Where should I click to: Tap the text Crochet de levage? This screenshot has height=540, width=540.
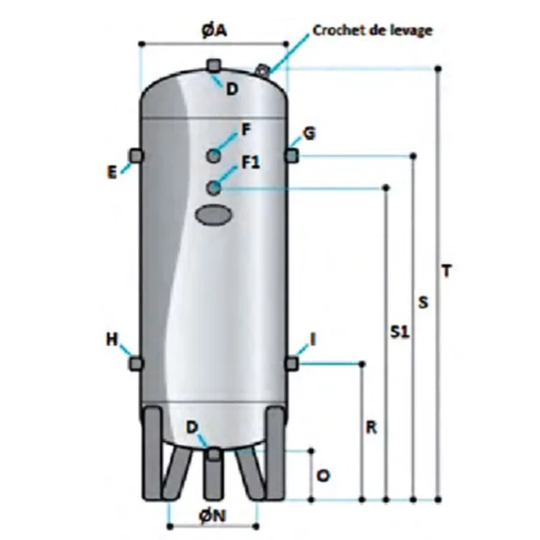(373, 30)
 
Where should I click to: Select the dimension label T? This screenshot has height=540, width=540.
(447, 270)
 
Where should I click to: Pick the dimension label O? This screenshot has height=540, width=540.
(324, 474)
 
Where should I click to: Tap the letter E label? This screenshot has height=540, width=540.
(112, 171)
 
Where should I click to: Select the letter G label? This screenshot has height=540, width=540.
(309, 134)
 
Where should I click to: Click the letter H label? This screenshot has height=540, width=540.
(112, 339)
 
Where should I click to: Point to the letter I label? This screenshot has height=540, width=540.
(312, 339)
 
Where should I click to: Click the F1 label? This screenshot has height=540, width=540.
(249, 163)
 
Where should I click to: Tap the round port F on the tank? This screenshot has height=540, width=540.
(214, 156)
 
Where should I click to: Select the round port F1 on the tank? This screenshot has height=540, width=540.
(214, 187)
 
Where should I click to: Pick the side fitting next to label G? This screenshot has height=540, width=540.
(292, 156)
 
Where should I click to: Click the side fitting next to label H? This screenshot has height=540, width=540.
(137, 363)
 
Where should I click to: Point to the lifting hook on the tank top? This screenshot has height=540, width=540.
(263, 69)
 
